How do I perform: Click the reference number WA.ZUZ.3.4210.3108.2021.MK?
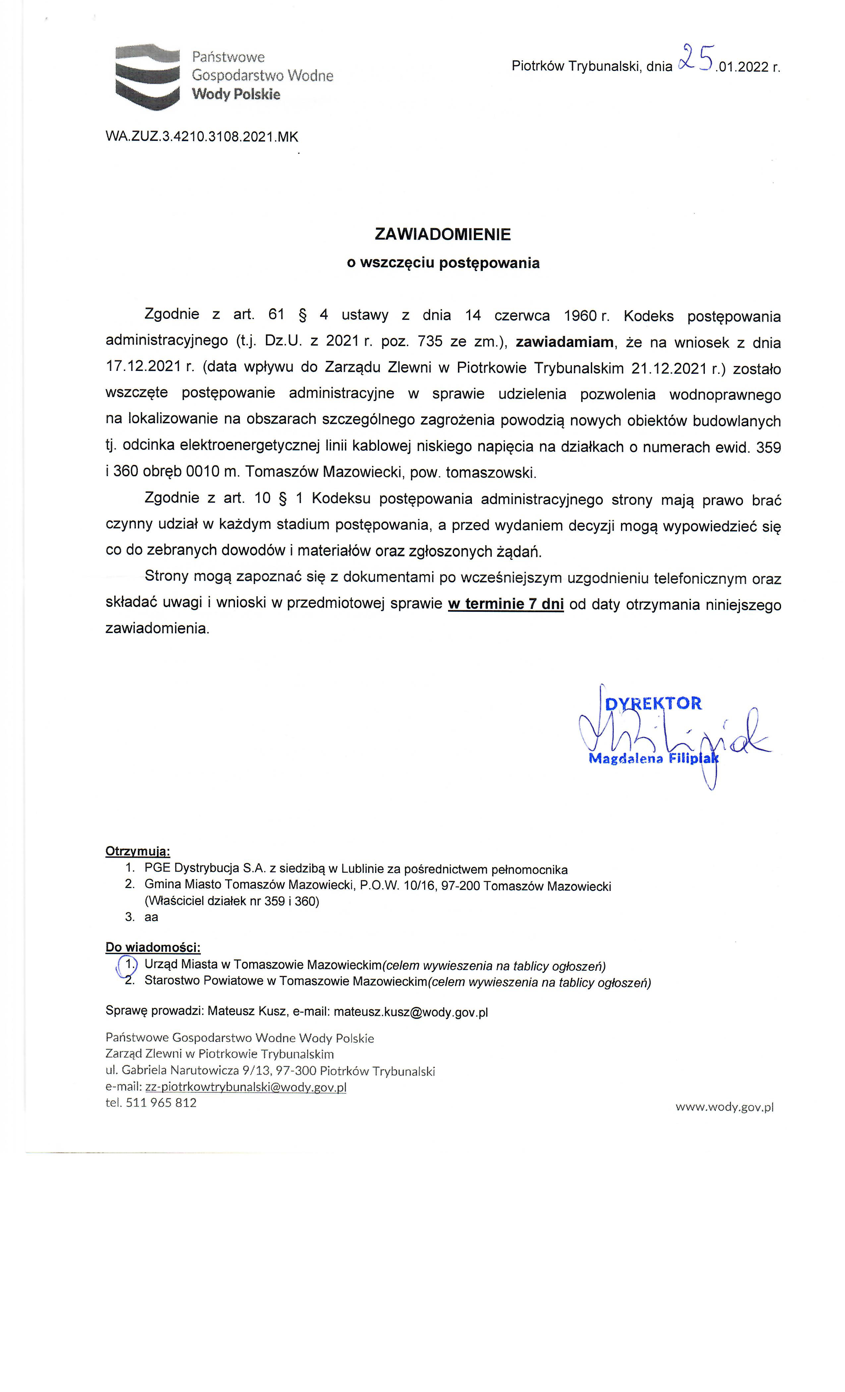coord(202,137)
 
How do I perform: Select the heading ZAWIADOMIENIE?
coord(442,234)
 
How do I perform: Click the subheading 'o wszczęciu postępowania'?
coord(443,263)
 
